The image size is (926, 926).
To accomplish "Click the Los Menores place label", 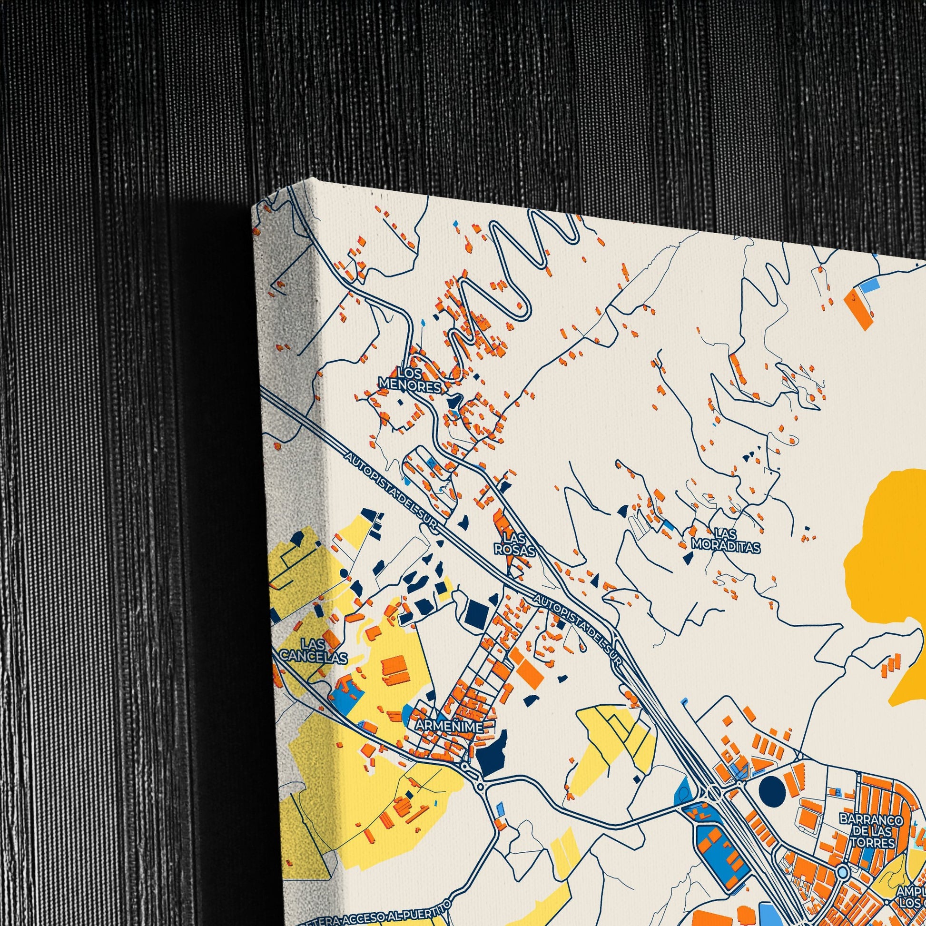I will pyautogui.click(x=410, y=379).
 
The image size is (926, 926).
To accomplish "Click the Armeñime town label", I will pyautogui.click(x=449, y=726).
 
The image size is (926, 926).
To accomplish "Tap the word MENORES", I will pyautogui.click(x=410, y=385).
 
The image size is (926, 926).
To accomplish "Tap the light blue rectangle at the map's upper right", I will pyautogui.click(x=868, y=287).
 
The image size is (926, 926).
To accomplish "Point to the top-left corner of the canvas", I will pyautogui.click(x=253, y=207).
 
